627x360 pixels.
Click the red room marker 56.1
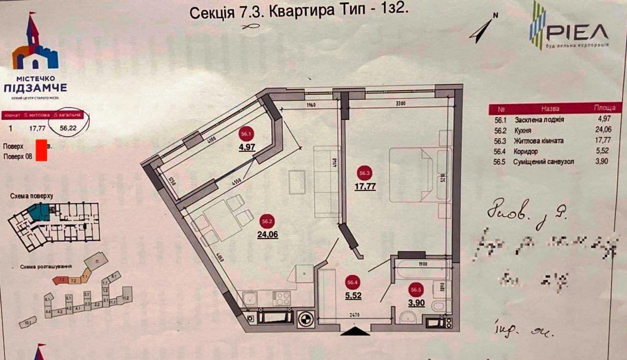pyautogui.click(x=245, y=133)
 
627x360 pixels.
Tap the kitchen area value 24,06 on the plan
pyautogui.click(x=266, y=234)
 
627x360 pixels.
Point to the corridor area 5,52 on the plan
pyautogui.click(x=353, y=295)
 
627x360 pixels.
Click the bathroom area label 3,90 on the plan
pyautogui.click(x=416, y=303)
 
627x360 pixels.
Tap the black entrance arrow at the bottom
pyautogui.click(x=355, y=332)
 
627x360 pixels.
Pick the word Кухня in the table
pyautogui.click(x=524, y=130)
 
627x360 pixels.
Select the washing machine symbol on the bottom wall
pyautogui.click(x=306, y=318)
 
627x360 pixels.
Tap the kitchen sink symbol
pyautogui.click(x=250, y=298)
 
